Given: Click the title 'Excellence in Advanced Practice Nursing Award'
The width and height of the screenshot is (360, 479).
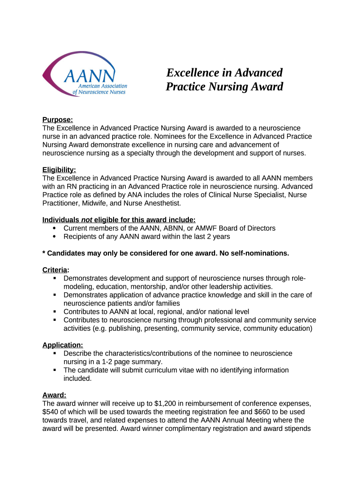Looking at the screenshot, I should pos(224,80).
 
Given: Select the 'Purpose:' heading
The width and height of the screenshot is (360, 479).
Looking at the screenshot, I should pos(58,120).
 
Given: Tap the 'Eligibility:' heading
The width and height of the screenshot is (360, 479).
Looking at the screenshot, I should pos(59,170).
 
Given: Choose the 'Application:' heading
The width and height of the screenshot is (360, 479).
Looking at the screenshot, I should pos(63,345).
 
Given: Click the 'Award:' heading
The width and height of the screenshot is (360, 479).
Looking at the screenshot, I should pos(54,395).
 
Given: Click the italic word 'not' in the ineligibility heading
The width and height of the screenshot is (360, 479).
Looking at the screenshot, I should pos(86,220).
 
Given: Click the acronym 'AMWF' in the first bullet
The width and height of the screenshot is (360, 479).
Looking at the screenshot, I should pos(209,228).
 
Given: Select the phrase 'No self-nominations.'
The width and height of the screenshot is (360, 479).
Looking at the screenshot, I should pos(250,253).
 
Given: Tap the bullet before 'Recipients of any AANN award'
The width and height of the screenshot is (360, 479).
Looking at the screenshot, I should pos(55,236).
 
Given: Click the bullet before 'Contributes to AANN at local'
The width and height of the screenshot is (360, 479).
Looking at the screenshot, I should pos(55,312).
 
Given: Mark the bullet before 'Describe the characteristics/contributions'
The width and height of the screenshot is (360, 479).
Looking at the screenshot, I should pos(55,353).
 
